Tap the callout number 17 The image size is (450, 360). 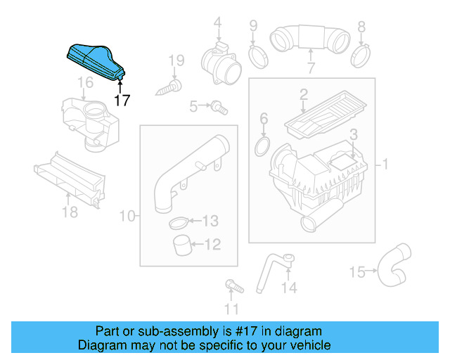pyautogui.click(x=122, y=100)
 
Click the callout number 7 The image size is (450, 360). pyautogui.click(x=310, y=68)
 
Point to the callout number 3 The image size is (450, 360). pyautogui.click(x=354, y=134)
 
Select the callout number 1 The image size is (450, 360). pyautogui.click(x=385, y=165)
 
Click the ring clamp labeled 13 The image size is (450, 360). pyautogui.click(x=178, y=224)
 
